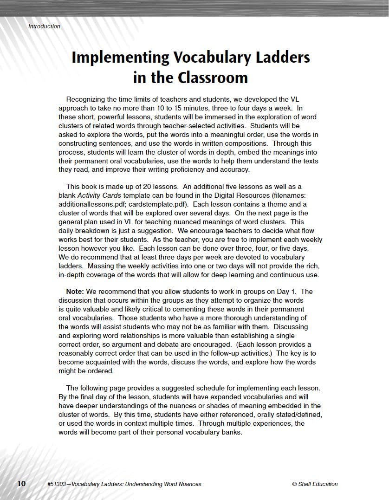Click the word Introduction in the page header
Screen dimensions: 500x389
pyautogui.click(x=44, y=26)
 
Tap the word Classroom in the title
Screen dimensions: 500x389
pyautogui.click(x=213, y=77)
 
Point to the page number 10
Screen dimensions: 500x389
pyautogui.click(x=21, y=483)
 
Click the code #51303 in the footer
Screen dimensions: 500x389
pyautogui.click(x=58, y=484)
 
